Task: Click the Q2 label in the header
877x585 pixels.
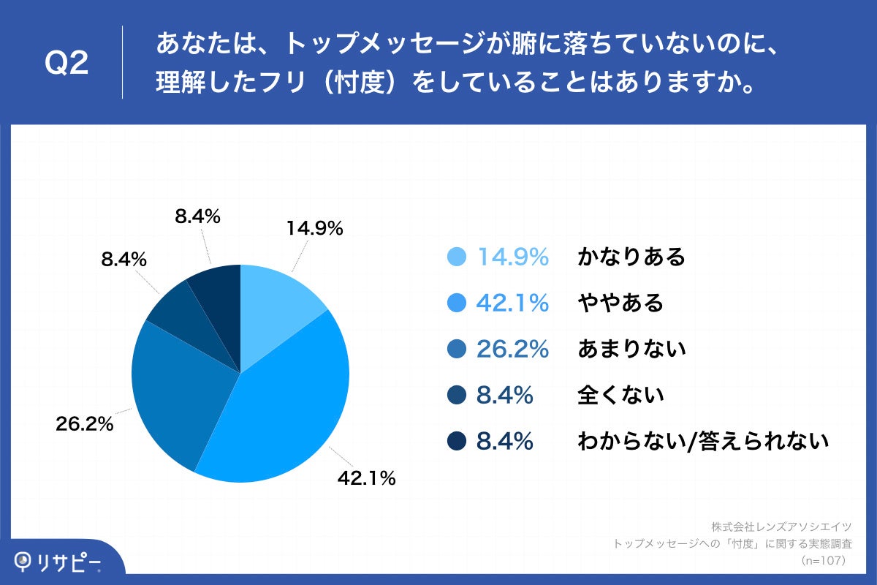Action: (x=67, y=64)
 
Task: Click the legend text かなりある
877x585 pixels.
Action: (x=631, y=257)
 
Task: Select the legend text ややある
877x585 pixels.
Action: (x=620, y=303)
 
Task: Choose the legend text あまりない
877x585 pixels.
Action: (x=631, y=349)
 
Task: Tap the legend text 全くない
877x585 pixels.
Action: (x=620, y=395)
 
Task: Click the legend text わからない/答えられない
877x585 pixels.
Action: (x=703, y=441)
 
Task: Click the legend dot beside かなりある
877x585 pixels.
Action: (x=455, y=257)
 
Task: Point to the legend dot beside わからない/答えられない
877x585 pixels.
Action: (x=455, y=441)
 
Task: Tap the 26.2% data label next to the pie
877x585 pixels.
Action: (x=85, y=423)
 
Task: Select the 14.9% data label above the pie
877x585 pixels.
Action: (x=314, y=229)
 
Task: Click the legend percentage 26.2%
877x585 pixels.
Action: (x=512, y=349)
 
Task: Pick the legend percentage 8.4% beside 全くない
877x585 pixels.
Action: (x=504, y=395)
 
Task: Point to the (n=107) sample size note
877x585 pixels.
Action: (x=824, y=561)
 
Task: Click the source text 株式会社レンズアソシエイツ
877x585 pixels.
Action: (x=781, y=526)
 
